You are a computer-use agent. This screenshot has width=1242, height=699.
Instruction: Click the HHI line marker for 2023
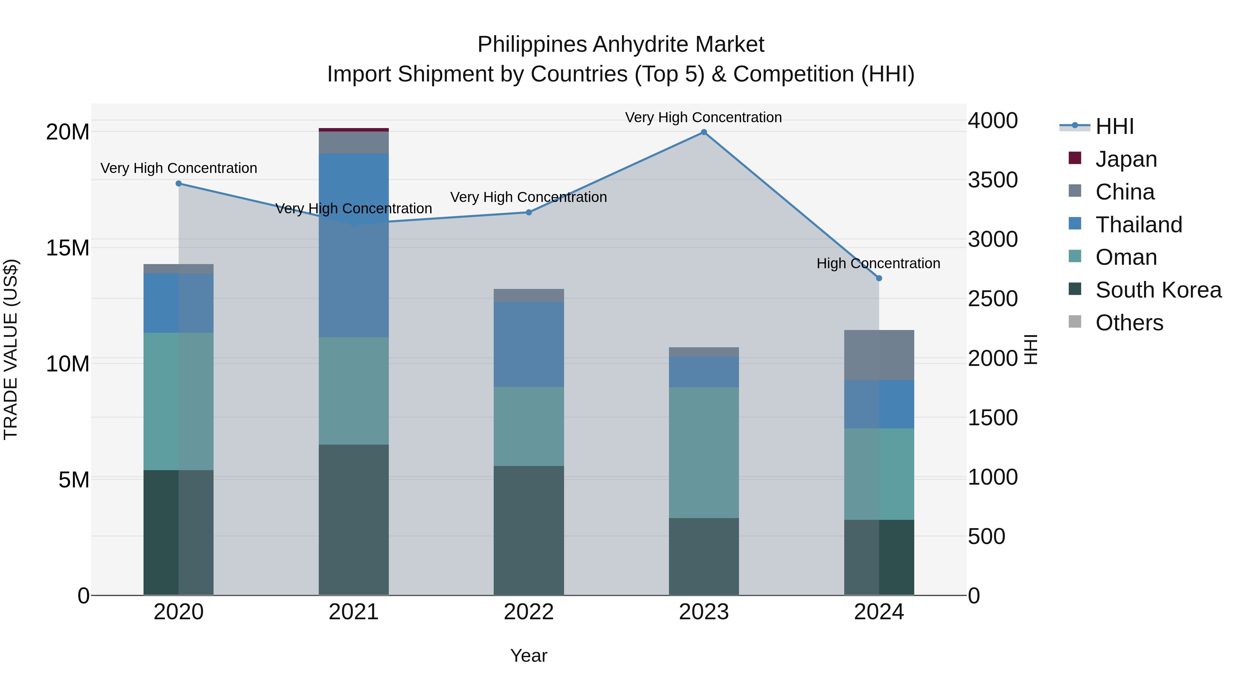[x=703, y=132]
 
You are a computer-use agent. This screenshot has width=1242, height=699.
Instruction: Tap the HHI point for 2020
[x=178, y=183]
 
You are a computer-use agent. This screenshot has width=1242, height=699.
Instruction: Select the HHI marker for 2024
[x=878, y=278]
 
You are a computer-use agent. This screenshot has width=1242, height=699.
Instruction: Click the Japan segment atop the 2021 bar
[x=353, y=130]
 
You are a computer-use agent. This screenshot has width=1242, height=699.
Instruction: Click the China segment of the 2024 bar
[x=878, y=355]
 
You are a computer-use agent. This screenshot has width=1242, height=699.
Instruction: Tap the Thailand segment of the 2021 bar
[x=353, y=245]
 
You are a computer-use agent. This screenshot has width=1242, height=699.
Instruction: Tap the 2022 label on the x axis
[x=529, y=612]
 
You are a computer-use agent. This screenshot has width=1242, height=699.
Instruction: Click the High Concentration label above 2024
[x=878, y=263]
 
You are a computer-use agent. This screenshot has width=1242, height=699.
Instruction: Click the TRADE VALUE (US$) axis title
[x=11, y=349]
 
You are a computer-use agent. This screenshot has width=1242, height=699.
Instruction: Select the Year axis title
[x=529, y=656]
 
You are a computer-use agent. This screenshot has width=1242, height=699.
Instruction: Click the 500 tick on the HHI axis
[x=986, y=536]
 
